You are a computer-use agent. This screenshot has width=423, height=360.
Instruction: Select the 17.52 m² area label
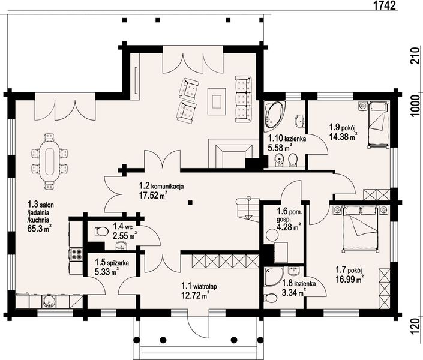[152, 195]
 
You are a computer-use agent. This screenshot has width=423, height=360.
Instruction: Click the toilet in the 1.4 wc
[101, 231]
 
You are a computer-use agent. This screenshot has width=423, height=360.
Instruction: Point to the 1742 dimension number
[385, 5]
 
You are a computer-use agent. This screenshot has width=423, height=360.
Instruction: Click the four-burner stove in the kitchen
[76, 254]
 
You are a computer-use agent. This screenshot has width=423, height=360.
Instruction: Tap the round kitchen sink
[49, 301]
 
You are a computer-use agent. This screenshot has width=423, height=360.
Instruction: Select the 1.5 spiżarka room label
[112, 262]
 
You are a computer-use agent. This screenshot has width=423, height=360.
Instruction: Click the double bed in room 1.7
[360, 229]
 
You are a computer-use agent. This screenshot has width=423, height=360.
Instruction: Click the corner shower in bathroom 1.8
[274, 277]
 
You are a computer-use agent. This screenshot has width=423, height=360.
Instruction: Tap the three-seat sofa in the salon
[244, 100]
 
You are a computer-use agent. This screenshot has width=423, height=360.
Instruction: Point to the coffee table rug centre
[217, 102]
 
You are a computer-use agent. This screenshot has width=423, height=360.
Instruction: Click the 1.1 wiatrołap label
[199, 286]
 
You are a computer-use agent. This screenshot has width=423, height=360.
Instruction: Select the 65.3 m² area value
[40, 229]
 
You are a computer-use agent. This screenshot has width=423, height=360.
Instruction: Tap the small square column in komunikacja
[190, 202]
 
